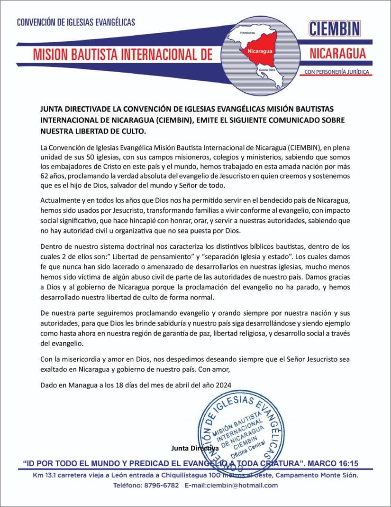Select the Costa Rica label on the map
click(x=266, y=70)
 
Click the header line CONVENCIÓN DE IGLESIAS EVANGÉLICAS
click(x=76, y=22)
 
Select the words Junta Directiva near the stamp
click(x=195, y=448)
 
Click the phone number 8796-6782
click(x=164, y=485)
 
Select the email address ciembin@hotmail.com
click(x=238, y=485)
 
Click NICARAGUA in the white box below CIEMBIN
click(x=337, y=52)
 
